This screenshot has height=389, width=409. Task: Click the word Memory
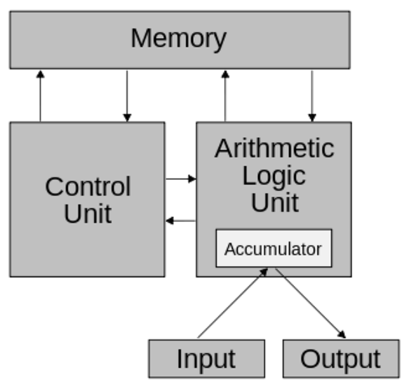pyautogui.click(x=179, y=38)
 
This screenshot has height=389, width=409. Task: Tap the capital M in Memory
pyautogui.click(x=141, y=37)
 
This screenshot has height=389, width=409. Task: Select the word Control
pyautogui.click(x=88, y=186)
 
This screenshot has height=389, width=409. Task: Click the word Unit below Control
pyautogui.click(x=88, y=214)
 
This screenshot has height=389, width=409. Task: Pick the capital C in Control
pyautogui.click(x=54, y=186)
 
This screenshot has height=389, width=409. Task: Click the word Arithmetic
pyautogui.click(x=274, y=148)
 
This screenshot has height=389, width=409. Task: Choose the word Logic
pyautogui.click(x=274, y=176)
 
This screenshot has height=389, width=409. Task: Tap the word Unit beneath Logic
pyautogui.click(x=274, y=203)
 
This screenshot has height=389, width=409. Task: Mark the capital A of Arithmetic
pyautogui.click(x=223, y=148)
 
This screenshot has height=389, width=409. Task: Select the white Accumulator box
pyautogui.click(x=273, y=248)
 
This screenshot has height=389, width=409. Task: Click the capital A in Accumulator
pyautogui.click(x=230, y=249)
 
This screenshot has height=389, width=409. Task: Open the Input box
pyautogui.click(x=206, y=359)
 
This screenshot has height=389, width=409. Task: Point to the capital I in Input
pyautogui.click(x=179, y=359)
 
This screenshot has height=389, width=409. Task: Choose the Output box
pyautogui.click(x=341, y=359)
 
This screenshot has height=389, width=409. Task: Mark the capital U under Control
pyautogui.click(x=72, y=214)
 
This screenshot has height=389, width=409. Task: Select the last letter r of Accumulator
pyautogui.click(x=319, y=250)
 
